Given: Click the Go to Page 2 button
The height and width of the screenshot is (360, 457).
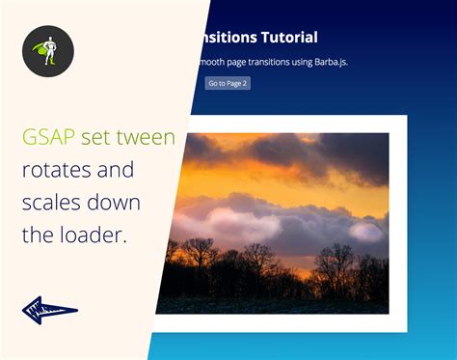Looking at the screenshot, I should tap(228, 83).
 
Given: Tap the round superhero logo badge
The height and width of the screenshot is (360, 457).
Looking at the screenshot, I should tap(48, 51).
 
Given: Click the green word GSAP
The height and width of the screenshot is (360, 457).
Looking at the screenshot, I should tap(48, 138).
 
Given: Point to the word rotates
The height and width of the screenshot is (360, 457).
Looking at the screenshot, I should tap(61, 171).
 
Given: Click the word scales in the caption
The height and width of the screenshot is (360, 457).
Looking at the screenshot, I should tap(53, 204).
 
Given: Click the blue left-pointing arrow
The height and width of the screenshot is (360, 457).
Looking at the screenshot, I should tap(49, 311).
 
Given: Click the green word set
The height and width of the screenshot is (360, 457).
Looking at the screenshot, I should tap(95, 138).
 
